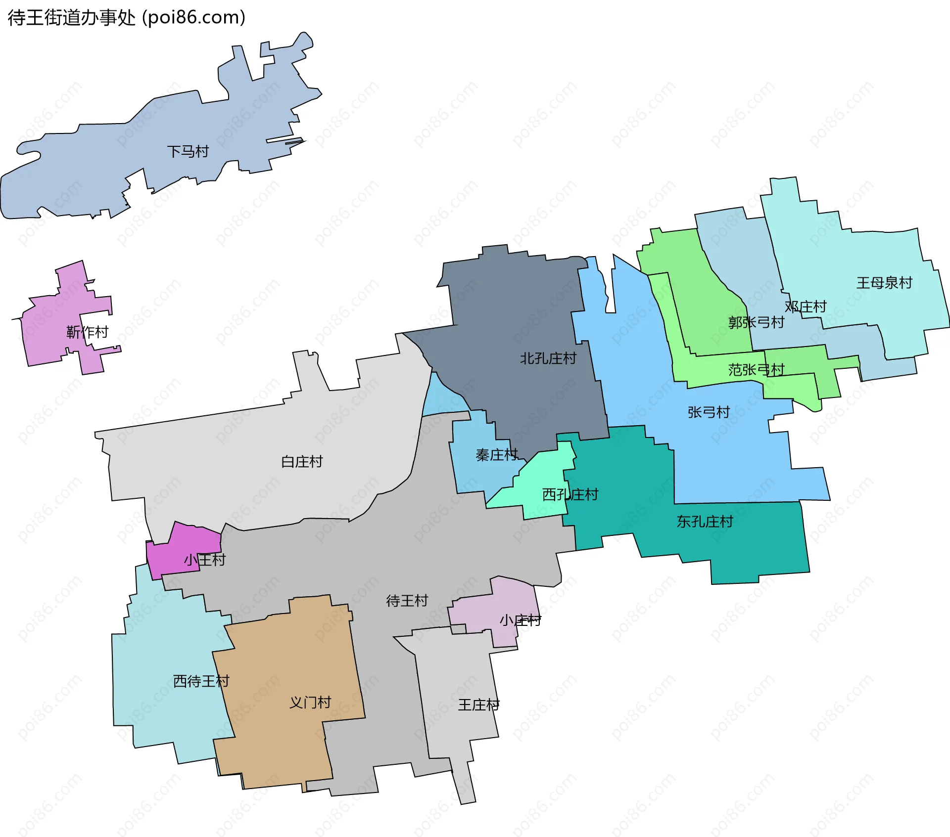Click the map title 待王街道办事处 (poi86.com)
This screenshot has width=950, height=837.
tap(127, 18)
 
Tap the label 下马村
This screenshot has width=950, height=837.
tap(188, 151)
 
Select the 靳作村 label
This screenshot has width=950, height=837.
tap(88, 332)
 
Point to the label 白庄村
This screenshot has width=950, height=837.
tap(302, 462)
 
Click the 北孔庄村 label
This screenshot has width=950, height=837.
tap(548, 358)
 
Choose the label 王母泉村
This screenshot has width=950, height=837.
tap(884, 283)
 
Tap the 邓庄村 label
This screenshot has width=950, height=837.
tap(806, 307)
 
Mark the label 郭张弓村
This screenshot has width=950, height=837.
tap(756, 323)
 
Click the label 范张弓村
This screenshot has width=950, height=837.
tap(756, 370)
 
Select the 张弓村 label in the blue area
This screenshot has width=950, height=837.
tap(709, 412)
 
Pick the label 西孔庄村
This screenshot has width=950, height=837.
tap(570, 494)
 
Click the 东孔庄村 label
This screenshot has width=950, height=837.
tap(705, 522)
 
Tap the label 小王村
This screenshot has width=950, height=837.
tap(205, 560)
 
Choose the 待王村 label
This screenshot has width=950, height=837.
tap(407, 601)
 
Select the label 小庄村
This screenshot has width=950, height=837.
tap(520, 620)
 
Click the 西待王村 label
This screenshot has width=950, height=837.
tap(201, 681)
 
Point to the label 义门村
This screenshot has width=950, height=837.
tap(310, 703)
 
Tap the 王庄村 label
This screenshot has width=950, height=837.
tap(478, 705)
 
